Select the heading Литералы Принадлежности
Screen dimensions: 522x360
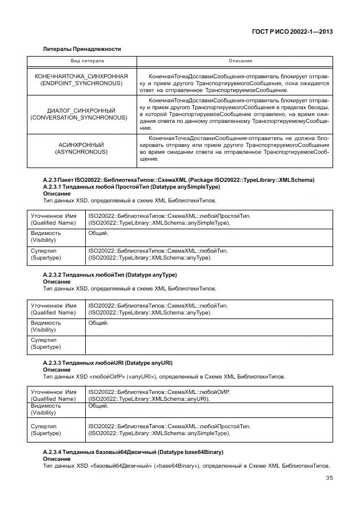pos(82,49)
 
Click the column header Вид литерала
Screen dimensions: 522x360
pos(83,61)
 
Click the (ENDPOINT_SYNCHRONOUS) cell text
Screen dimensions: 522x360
pos(81,83)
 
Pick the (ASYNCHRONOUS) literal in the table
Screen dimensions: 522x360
pos(81,152)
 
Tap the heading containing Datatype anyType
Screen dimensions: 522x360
pos(110,275)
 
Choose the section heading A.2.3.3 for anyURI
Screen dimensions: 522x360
pos(107,363)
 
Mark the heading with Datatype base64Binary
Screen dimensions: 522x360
pos(133,452)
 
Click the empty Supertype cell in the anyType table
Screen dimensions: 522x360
pos(208,345)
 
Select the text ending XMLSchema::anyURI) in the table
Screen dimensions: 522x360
pos(149,399)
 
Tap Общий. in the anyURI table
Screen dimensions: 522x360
pos(98,406)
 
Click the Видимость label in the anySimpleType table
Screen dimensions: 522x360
pos(46,233)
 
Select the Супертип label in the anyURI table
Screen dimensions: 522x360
pos(43,426)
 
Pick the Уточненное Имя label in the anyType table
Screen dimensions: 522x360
pos(53,305)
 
